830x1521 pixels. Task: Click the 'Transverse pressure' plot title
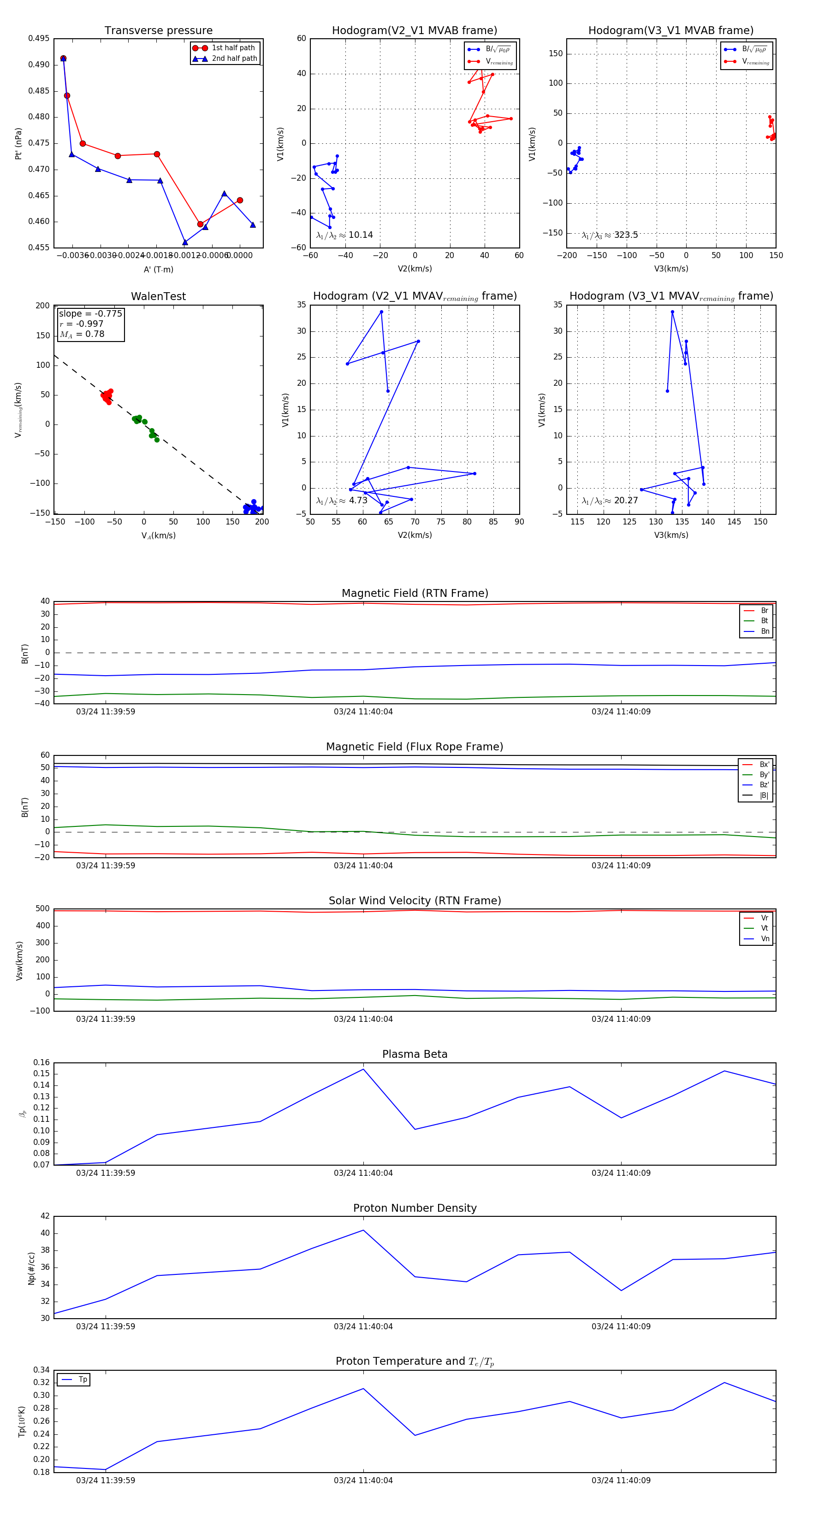pos(158,31)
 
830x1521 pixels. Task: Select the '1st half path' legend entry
pos(233,48)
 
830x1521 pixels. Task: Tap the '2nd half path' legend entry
pos(234,59)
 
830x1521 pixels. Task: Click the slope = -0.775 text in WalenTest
pos(90,313)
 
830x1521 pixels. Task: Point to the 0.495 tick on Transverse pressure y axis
pos(39,38)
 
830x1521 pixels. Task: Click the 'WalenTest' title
pos(158,296)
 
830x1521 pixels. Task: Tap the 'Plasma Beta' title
pos(415,1054)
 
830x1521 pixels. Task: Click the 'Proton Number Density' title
pos(415,1208)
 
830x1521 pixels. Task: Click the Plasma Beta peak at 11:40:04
pos(363,1069)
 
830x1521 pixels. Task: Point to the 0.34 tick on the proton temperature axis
pos(41,1370)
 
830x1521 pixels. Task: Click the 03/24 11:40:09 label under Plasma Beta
pos(621,1173)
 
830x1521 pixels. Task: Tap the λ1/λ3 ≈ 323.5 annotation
pos(610,235)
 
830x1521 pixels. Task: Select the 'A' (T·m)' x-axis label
pos(158,269)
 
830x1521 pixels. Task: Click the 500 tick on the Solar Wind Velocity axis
pos(42,909)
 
